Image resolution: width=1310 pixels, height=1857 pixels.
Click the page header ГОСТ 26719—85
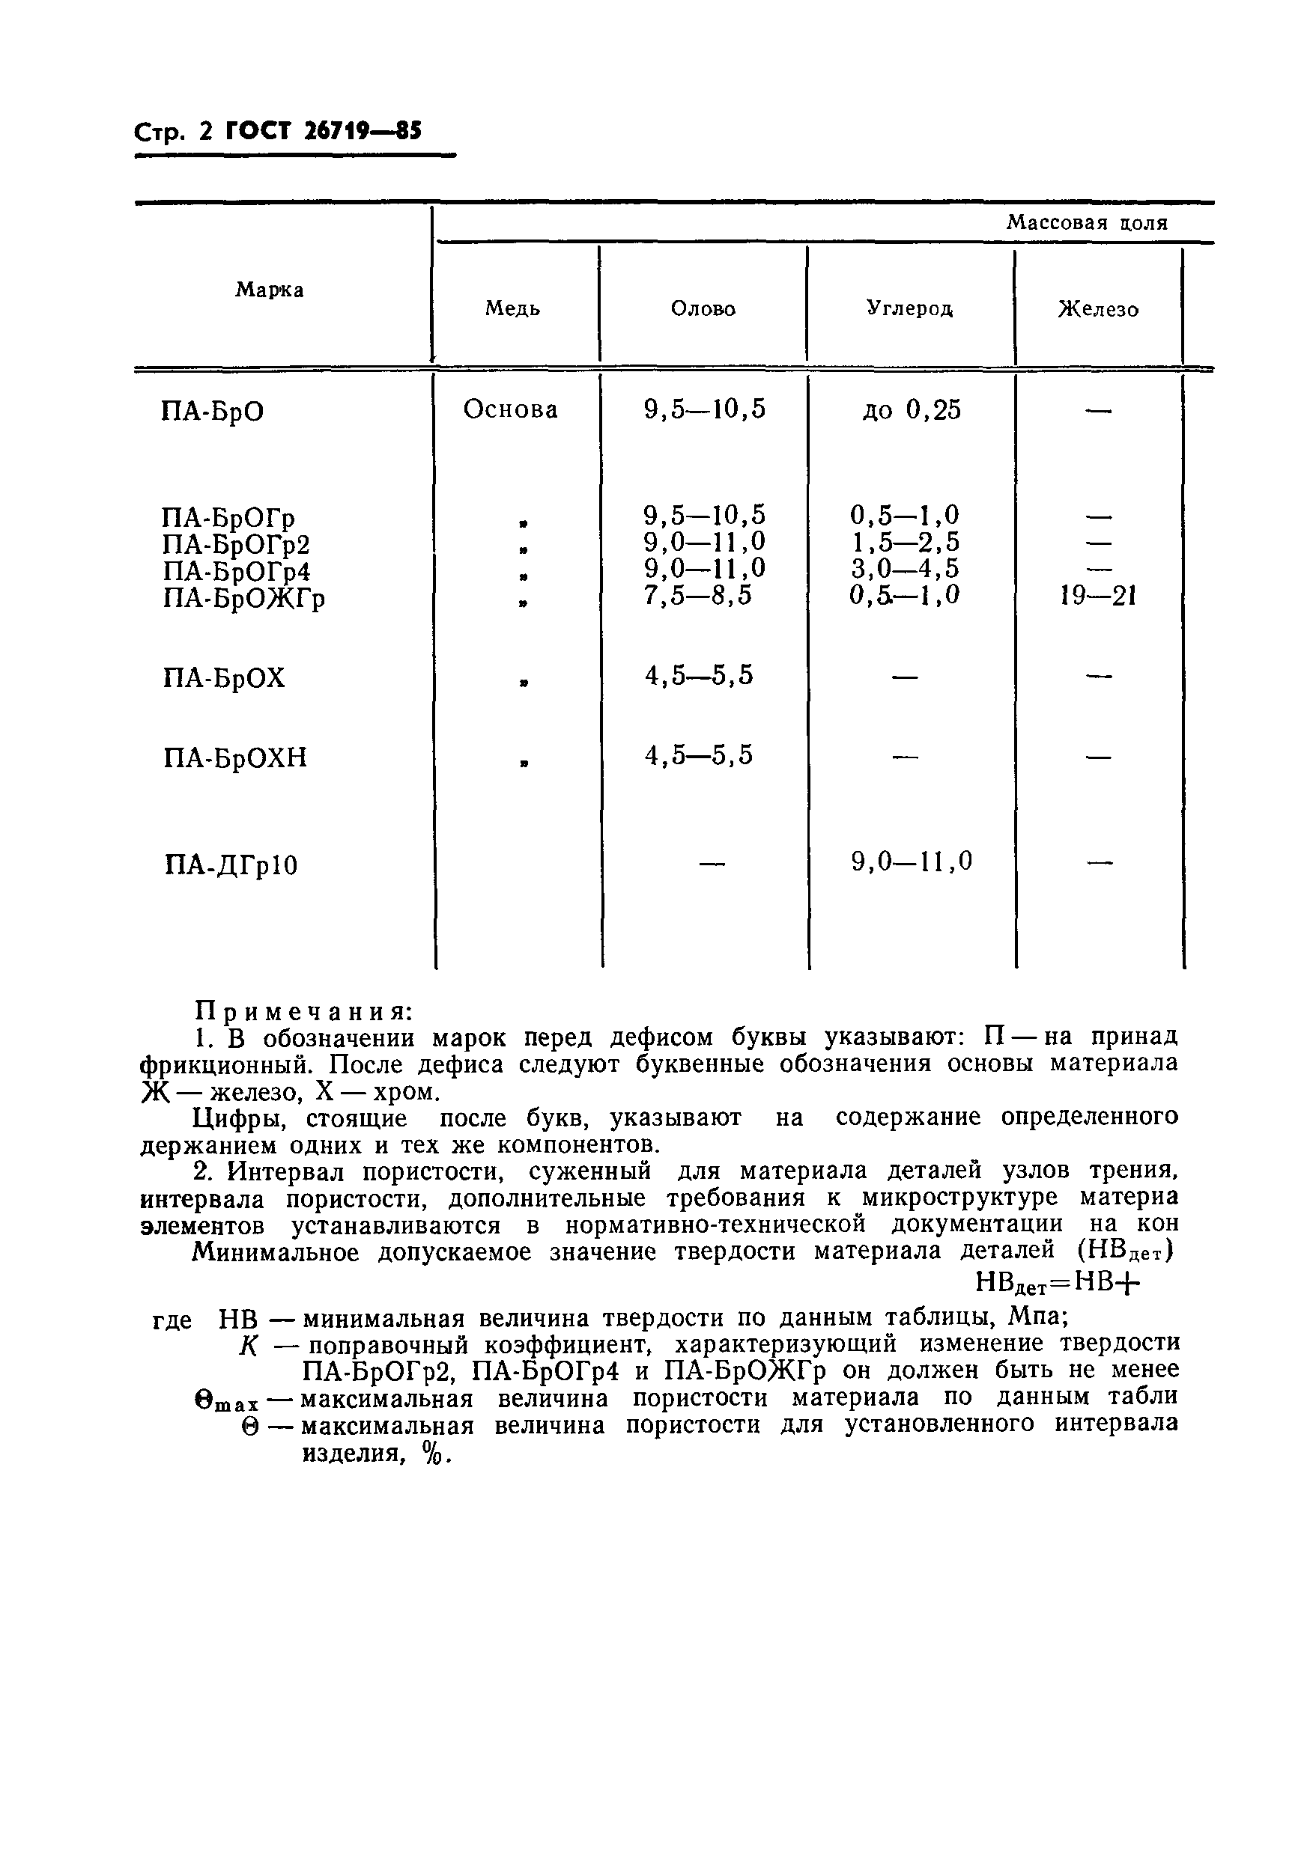click(x=324, y=131)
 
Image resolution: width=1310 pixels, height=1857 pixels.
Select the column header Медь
click(x=512, y=309)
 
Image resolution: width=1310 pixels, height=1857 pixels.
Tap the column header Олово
click(x=703, y=309)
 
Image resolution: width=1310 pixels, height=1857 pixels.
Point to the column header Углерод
click(x=910, y=308)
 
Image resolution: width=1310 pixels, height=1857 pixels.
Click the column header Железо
click(x=1099, y=310)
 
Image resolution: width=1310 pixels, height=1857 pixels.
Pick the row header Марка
click(x=270, y=290)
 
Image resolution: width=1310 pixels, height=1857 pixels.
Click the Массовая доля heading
click(x=1087, y=223)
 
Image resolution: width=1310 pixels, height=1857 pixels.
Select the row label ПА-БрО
click(x=213, y=412)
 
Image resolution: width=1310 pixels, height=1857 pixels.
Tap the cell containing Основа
click(x=511, y=410)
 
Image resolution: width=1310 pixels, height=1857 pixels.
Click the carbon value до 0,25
click(x=912, y=411)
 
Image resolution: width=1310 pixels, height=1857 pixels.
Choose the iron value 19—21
click(x=1099, y=597)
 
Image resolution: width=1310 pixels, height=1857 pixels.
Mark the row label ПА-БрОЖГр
click(x=244, y=600)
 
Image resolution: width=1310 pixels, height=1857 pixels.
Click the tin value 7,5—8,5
click(x=698, y=596)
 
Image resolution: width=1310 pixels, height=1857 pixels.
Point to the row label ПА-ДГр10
click(x=231, y=866)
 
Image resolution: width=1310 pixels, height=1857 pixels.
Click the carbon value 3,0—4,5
click(x=906, y=570)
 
